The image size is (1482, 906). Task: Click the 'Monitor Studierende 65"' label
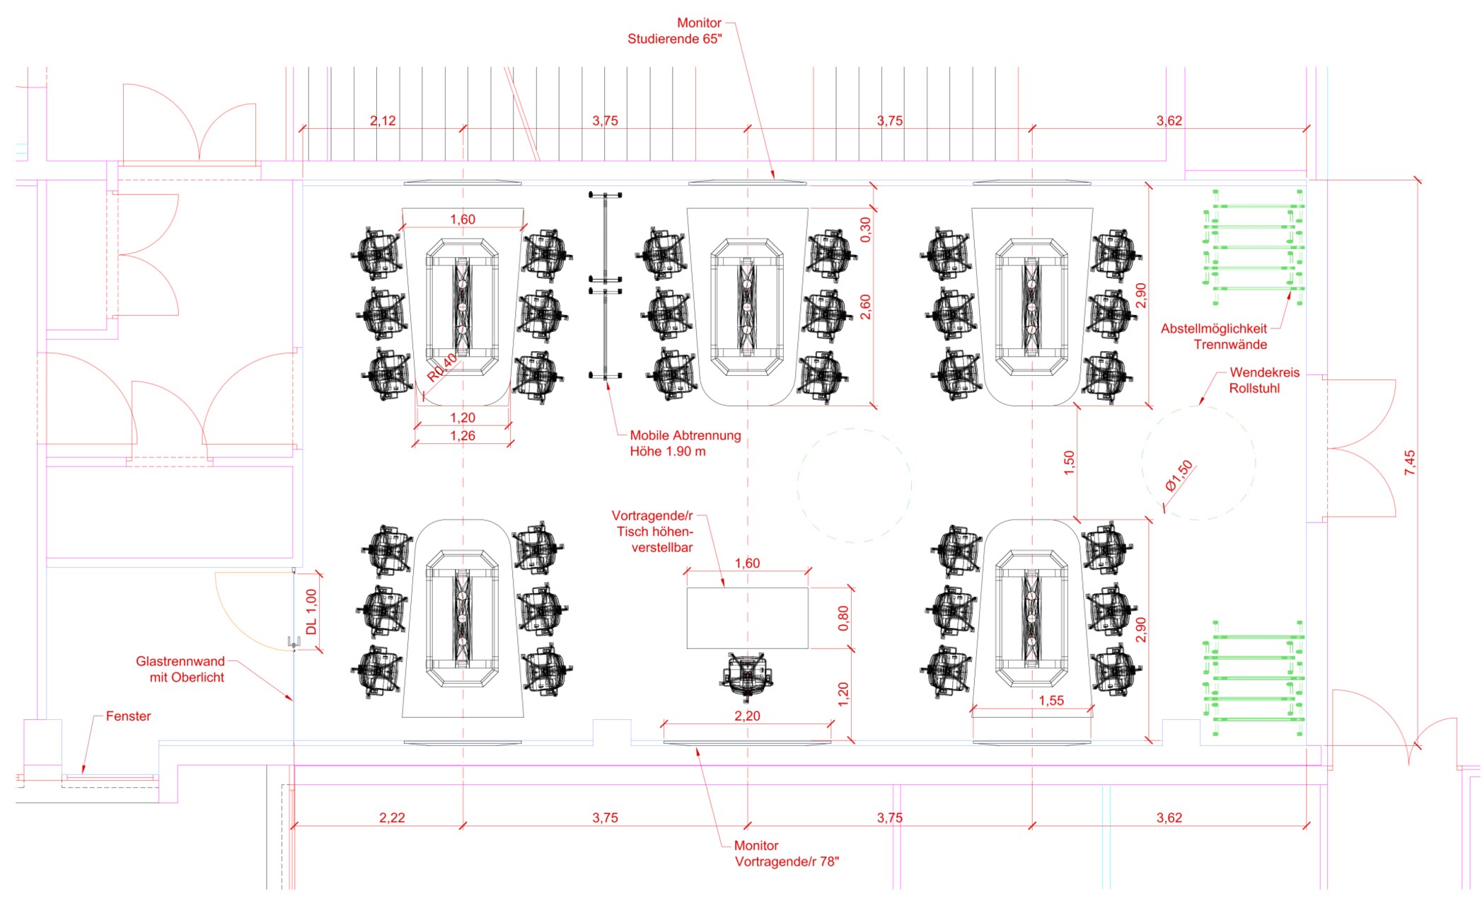pyautogui.click(x=675, y=31)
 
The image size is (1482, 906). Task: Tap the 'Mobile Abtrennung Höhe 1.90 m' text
pyautogui.click(x=685, y=444)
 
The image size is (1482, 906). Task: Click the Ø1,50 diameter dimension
pyautogui.click(x=1179, y=476)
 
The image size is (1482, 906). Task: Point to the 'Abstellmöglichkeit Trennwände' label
pyautogui.click(x=1214, y=337)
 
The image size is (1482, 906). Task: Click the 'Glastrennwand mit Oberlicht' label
pyautogui.click(x=180, y=670)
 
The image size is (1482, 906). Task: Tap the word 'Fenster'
pyautogui.click(x=128, y=716)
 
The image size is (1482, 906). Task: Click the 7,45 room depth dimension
pyautogui.click(x=1410, y=462)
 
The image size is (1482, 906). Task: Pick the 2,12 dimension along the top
pyautogui.click(x=383, y=121)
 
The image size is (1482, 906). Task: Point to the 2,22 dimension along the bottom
pyautogui.click(x=392, y=818)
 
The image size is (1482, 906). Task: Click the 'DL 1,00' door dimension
pyautogui.click(x=311, y=612)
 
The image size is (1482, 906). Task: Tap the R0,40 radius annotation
pyautogui.click(x=442, y=367)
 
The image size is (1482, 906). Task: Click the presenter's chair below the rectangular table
pyautogui.click(x=747, y=674)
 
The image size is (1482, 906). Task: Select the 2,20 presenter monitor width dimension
pyautogui.click(x=747, y=716)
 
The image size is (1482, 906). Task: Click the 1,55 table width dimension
pyautogui.click(x=1051, y=701)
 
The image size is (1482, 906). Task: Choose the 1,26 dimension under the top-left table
pyautogui.click(x=463, y=436)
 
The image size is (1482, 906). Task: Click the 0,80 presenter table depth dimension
pyautogui.click(x=843, y=619)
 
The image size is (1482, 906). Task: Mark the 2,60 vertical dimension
pyautogui.click(x=866, y=306)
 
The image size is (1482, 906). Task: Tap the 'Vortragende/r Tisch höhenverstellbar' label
pyautogui.click(x=653, y=532)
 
